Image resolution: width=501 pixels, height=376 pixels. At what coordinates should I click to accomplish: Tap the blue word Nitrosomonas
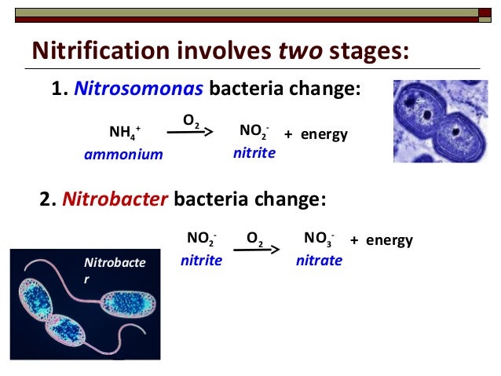pyautogui.click(x=139, y=89)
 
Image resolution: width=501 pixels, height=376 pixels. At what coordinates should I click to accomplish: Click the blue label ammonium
pyautogui.click(x=123, y=155)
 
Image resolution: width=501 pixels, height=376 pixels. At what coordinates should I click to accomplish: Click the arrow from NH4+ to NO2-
pyautogui.click(x=190, y=133)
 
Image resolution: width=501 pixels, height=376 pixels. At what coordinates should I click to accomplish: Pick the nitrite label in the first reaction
pyautogui.click(x=254, y=153)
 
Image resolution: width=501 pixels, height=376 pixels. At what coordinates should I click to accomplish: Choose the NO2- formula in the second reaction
pyautogui.click(x=202, y=239)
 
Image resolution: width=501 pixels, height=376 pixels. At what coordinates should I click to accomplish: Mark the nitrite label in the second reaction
pyautogui.click(x=201, y=260)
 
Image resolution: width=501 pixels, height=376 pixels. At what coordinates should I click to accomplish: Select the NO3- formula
pyautogui.click(x=319, y=239)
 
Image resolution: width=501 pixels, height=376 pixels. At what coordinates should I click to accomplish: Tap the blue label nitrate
pyautogui.click(x=319, y=260)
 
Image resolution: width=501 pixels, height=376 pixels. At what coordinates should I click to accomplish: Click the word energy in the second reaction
pyautogui.click(x=389, y=240)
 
